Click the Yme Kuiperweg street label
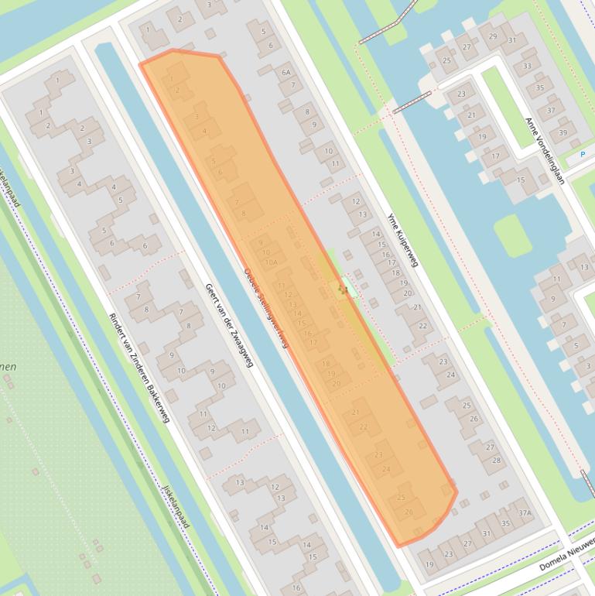point(402,240)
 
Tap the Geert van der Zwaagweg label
point(230,325)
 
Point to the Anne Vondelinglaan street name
point(545,151)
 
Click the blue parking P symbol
point(582,155)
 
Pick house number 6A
point(286,72)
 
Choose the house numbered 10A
point(271,263)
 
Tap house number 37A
point(525,512)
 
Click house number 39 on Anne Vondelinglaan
point(563,133)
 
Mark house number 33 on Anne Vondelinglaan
point(528,66)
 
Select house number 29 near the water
point(493,36)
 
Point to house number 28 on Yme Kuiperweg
point(496,460)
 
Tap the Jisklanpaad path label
point(176,507)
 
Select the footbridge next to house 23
point(411,101)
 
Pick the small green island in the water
point(512,235)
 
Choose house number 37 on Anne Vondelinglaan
point(551,110)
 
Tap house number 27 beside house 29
point(467,46)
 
